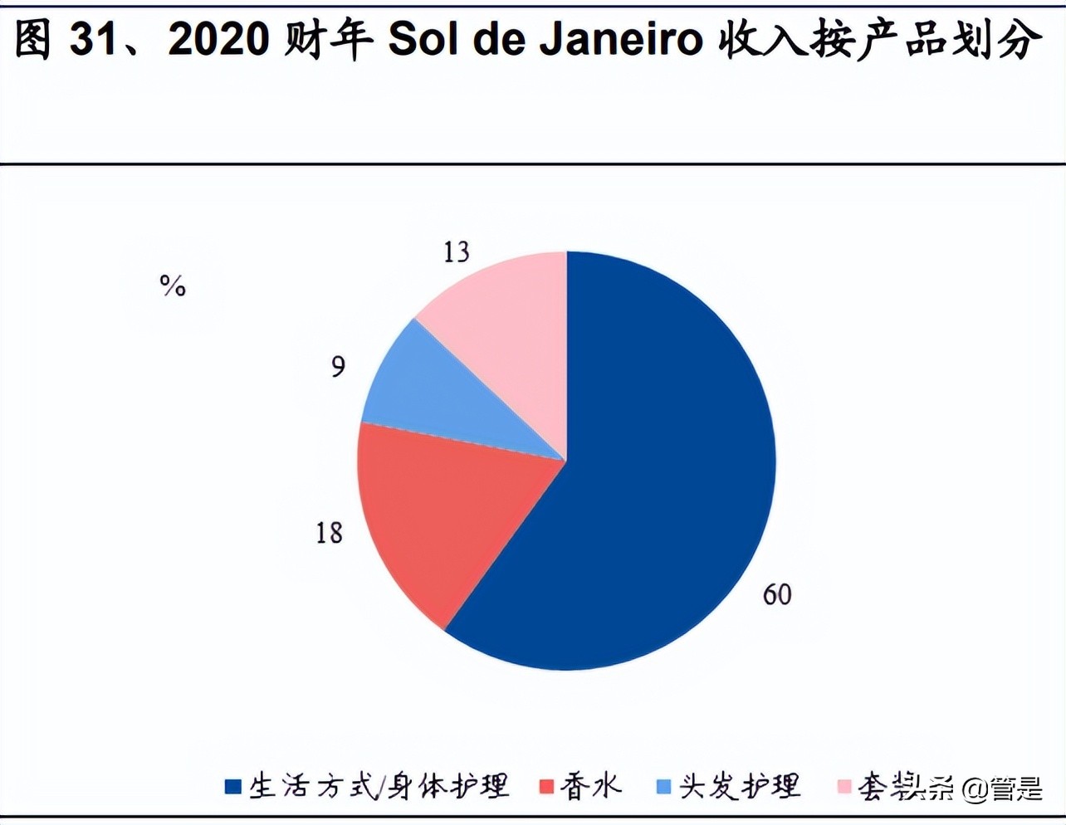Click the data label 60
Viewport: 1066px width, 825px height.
(777, 594)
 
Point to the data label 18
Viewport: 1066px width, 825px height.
(329, 532)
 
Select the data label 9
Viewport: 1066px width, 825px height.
(338, 366)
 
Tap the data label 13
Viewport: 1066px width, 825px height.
(456, 251)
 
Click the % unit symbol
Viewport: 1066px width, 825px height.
(173, 286)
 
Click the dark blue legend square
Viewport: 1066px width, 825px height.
(233, 786)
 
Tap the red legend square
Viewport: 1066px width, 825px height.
(546, 786)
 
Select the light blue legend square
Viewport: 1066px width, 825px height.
(663, 786)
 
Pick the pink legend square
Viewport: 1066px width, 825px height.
(844, 786)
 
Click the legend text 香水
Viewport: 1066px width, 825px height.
(590, 786)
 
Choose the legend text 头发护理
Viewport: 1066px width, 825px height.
(740, 786)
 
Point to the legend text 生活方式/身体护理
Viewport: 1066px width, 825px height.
(379, 786)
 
